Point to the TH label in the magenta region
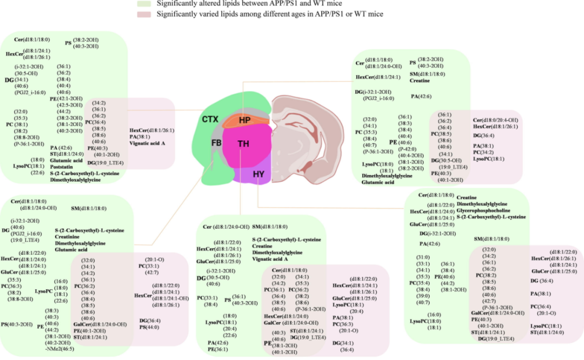244,143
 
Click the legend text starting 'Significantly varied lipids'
270,14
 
